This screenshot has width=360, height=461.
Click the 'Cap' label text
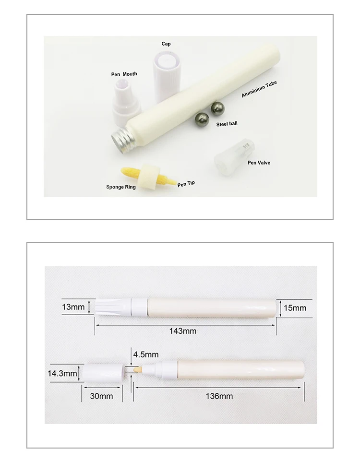[166, 44]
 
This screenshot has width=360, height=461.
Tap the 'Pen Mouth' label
[123, 74]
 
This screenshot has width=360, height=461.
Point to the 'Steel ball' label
[226, 123]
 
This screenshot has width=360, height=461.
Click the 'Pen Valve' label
[259, 163]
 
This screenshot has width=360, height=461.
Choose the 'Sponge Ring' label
[121, 187]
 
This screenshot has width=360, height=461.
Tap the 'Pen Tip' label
[186, 183]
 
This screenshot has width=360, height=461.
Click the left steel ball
[201, 118]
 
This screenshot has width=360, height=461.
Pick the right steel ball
[218, 108]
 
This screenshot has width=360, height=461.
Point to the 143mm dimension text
[183, 331]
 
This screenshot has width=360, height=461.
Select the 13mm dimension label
[73, 307]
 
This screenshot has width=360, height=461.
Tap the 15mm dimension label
[295, 307]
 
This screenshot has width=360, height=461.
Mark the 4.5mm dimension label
[145, 355]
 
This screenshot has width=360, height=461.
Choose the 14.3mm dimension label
[62, 373]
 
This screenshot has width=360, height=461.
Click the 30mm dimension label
[102, 396]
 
